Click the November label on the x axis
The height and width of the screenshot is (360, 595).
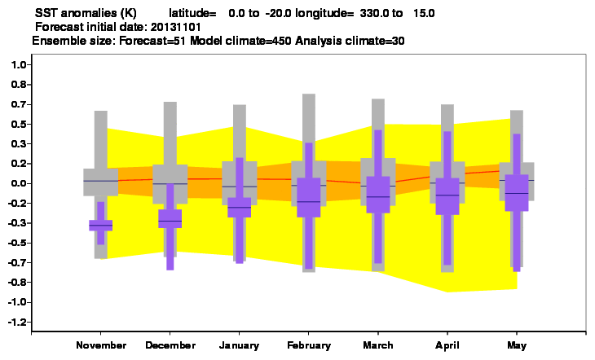[x=101, y=345]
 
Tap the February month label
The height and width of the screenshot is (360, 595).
[x=309, y=345]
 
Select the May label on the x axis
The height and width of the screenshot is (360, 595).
[x=517, y=345]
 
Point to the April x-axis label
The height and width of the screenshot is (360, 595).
[x=447, y=345]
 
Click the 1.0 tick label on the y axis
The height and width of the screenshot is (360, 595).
[x=19, y=65]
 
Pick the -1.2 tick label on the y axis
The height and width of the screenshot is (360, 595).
[x=17, y=322]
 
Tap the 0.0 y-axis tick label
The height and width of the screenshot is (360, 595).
[x=19, y=183]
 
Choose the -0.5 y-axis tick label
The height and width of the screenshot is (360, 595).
[x=17, y=243]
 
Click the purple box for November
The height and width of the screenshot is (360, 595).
[x=100, y=226]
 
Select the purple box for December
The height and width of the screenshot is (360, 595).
[x=170, y=218]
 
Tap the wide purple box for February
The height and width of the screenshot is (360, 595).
[x=309, y=197]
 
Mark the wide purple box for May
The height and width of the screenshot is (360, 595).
[x=517, y=193]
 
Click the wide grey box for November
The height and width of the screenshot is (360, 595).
[x=100, y=182]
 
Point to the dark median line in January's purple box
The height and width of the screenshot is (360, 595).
[x=239, y=207]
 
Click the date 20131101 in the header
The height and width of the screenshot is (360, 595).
[x=176, y=28]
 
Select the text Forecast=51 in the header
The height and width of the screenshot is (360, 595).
[x=152, y=41]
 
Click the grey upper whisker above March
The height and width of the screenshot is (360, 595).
[x=378, y=129]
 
